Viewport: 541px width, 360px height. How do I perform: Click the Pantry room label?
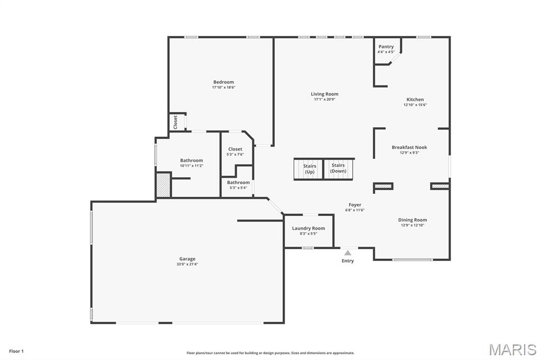point(386,47)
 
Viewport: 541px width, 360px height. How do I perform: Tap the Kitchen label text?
point(415,99)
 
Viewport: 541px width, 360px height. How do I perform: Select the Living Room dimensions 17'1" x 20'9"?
point(324,99)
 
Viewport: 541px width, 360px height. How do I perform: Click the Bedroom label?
point(223,82)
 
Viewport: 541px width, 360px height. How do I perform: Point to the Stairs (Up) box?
point(309,169)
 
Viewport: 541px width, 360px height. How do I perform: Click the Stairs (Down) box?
point(338,168)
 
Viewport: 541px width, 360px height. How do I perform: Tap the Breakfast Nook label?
point(409,147)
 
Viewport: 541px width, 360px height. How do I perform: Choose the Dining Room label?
point(412,220)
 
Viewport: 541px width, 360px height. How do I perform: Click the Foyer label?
point(355,205)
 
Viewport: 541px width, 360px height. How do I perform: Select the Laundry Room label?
point(309,228)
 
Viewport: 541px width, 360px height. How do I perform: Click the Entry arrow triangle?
point(348,253)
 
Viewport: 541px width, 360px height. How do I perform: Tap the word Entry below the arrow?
point(348,261)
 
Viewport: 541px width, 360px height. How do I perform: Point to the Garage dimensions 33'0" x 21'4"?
point(187,264)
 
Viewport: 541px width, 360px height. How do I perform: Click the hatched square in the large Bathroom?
point(163,185)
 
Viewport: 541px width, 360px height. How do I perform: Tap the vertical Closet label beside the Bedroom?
point(175,121)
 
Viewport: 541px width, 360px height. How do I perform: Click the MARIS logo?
point(512,349)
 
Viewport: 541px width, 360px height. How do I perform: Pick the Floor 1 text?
point(16,351)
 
